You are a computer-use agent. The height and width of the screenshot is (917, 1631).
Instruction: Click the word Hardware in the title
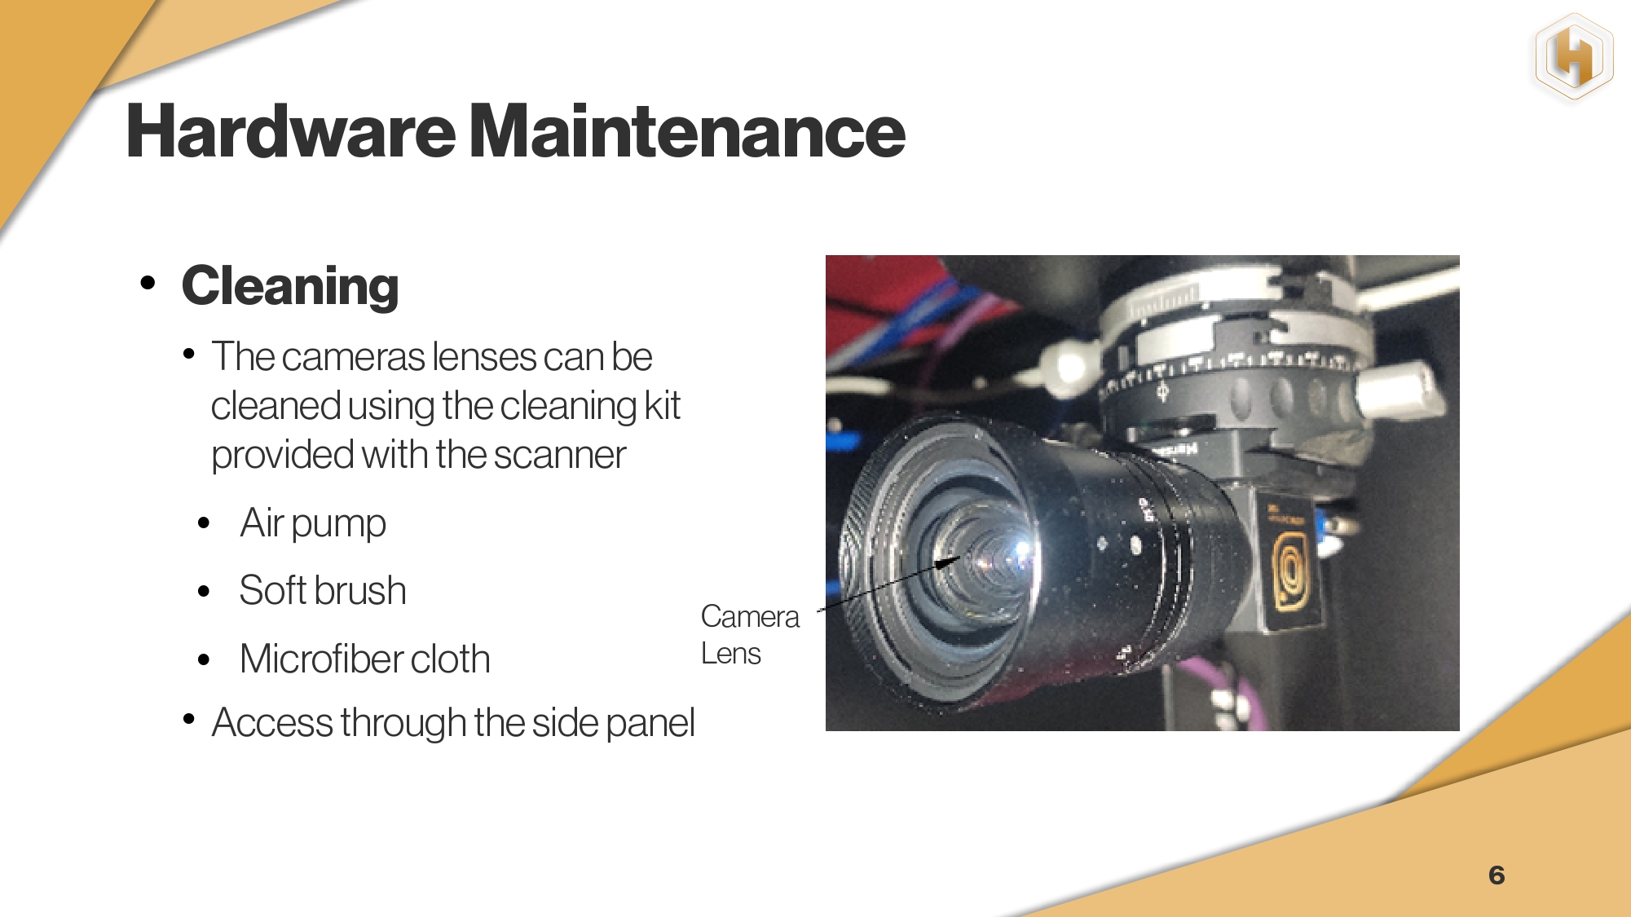coord(291,131)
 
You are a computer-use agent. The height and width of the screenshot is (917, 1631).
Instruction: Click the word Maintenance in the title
coord(688,131)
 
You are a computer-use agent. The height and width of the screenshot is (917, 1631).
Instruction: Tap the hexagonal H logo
coord(1574,57)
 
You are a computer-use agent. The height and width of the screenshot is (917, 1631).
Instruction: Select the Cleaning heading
coord(290,287)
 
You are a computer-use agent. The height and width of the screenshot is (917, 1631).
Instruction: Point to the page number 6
coord(1497,875)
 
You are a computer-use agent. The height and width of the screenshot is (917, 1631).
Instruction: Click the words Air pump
coord(313,523)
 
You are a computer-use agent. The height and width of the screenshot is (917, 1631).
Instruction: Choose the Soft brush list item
coord(323,590)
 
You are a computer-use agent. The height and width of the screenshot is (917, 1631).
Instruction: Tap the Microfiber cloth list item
coord(365,659)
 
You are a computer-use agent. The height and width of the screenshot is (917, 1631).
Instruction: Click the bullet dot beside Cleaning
coord(148,283)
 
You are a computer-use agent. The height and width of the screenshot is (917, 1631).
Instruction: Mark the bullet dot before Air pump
coord(204,522)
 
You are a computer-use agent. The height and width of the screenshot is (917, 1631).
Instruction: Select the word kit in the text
coord(662,405)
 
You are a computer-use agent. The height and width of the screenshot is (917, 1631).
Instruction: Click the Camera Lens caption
coord(750,635)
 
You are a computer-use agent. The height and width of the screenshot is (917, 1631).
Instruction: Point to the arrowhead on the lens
coord(947,562)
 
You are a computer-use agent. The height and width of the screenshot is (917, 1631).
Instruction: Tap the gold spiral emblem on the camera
coord(1291,571)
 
